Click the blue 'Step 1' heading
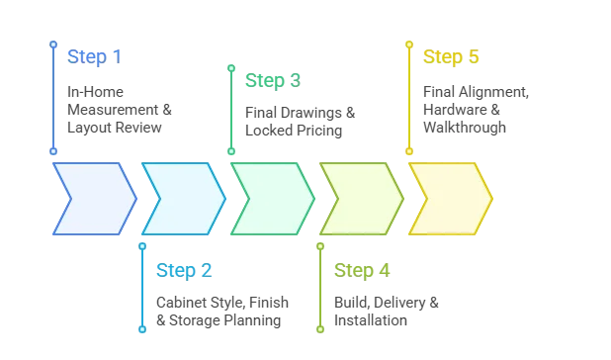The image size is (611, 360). pyautogui.click(x=95, y=55)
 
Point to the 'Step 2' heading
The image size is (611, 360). pyautogui.click(x=184, y=269)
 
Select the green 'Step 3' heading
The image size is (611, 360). pyautogui.click(x=273, y=79)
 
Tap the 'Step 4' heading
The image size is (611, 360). pyautogui.click(x=363, y=269)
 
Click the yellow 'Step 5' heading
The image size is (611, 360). pyautogui.click(x=452, y=55)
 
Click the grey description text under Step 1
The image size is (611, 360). pyautogui.click(x=118, y=109)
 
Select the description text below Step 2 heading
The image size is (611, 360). pyautogui.click(x=221, y=312)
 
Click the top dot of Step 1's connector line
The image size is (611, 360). pyautogui.click(x=52, y=44)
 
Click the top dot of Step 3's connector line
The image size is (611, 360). pyautogui.click(x=231, y=68)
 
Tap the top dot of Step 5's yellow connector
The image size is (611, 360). pyautogui.click(x=408, y=44)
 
